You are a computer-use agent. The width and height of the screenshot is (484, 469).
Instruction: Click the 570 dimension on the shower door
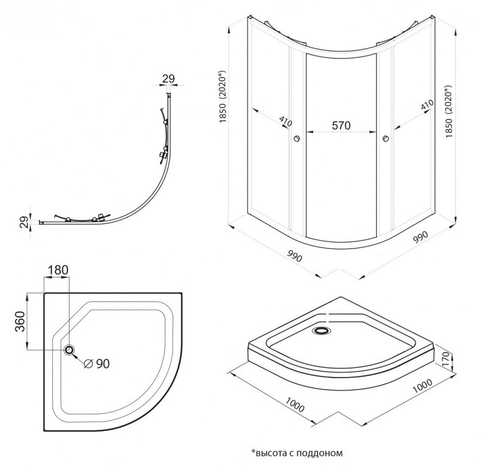[x=341, y=125]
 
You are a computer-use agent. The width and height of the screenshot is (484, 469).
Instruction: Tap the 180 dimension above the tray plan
[x=57, y=270]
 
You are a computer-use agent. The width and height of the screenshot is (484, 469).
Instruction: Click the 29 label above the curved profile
[x=169, y=79]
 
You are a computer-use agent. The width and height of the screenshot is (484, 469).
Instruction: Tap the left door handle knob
[x=298, y=139]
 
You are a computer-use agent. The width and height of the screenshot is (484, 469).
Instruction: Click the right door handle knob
[x=385, y=139]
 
